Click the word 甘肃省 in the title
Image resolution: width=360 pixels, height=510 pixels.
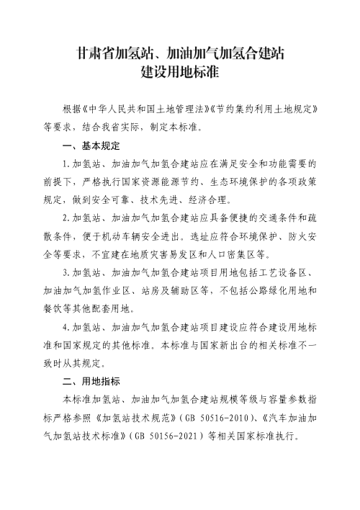93,53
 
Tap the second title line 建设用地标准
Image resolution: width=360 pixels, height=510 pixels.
180,73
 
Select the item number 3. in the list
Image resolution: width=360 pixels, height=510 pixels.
67,274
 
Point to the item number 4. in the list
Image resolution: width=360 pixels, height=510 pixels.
67,328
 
